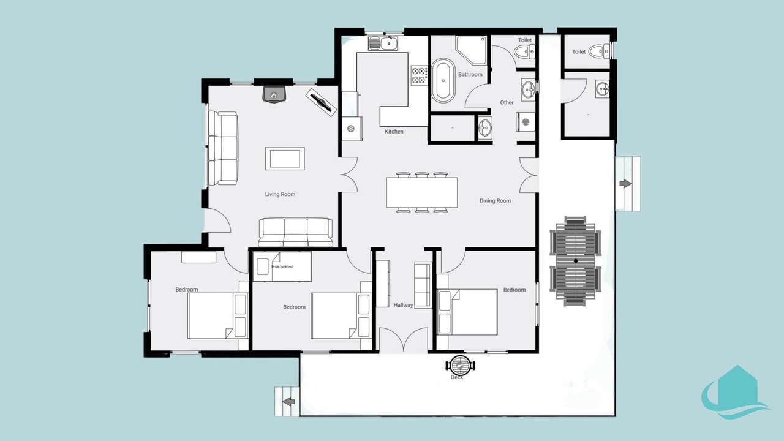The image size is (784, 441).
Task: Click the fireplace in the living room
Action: pyautogui.click(x=274, y=94)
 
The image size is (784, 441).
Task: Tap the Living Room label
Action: pyautogui.click(x=280, y=194)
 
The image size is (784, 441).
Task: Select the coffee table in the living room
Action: pyautogui.click(x=285, y=159)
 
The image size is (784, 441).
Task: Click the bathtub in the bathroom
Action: pyautogui.click(x=443, y=80)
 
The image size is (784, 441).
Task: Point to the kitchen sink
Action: pyautogui.click(x=383, y=43)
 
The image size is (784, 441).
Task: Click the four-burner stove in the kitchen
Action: pyautogui.click(x=420, y=75)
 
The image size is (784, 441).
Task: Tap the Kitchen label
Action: pyautogui.click(x=394, y=132)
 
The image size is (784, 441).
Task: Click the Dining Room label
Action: pyautogui.click(x=495, y=200)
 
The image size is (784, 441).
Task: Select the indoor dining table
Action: pyautogui.click(x=422, y=192)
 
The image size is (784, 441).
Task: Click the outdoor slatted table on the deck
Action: pyautogui.click(x=576, y=261)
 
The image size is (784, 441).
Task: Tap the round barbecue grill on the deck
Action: pyautogui.click(x=460, y=366)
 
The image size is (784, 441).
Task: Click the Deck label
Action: pyautogui.click(x=457, y=377)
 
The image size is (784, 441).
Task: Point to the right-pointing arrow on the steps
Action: pyautogui.click(x=625, y=183)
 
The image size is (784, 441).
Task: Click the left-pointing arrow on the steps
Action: pyautogui.click(x=288, y=401)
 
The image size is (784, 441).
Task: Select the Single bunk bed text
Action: pyautogui.click(x=282, y=266)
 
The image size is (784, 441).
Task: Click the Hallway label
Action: pyautogui.click(x=403, y=305)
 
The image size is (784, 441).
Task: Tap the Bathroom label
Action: pyautogui.click(x=470, y=74)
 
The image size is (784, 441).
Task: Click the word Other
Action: pyautogui.click(x=507, y=102)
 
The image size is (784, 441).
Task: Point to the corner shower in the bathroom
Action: pyautogui.click(x=471, y=50)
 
